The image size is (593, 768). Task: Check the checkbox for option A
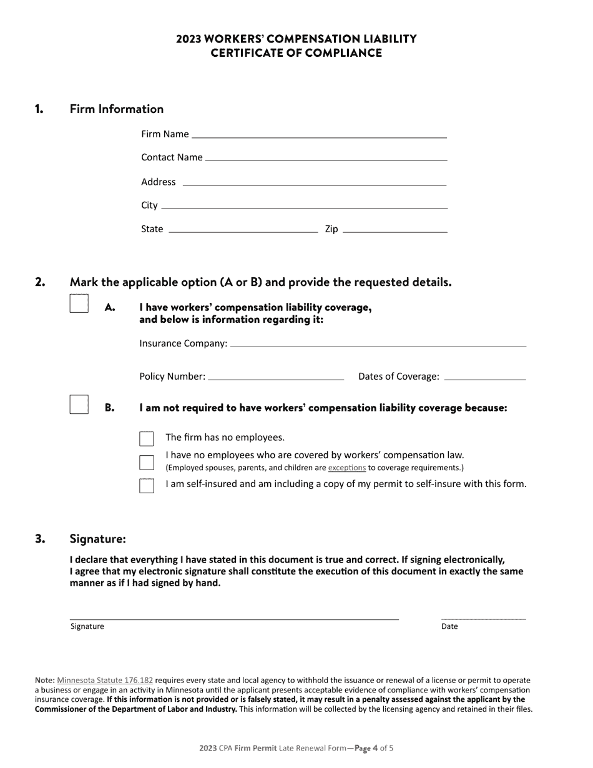[79, 304]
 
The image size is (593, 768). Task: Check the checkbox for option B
[79, 405]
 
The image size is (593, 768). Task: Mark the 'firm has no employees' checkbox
[147, 438]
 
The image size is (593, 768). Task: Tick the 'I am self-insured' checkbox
[147, 485]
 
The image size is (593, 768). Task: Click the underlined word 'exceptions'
[346, 468]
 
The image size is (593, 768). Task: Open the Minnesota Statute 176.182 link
[105, 680]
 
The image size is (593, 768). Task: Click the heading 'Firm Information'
[117, 109]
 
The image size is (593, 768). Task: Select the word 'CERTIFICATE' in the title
[247, 53]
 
